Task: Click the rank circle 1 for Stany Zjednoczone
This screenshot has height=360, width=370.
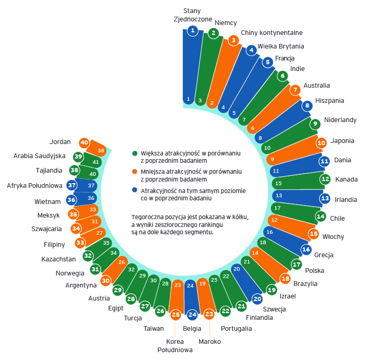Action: (x=193, y=31)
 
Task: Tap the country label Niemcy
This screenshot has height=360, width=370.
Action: (x=226, y=22)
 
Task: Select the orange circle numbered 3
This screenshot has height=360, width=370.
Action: (x=233, y=40)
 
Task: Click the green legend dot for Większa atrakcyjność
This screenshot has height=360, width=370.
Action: (x=135, y=153)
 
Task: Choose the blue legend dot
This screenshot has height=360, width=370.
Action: (x=135, y=190)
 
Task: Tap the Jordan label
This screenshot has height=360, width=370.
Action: (x=60, y=141)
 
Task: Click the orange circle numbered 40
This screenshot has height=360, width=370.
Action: (x=84, y=142)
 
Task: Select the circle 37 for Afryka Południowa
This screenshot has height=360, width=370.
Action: (x=72, y=185)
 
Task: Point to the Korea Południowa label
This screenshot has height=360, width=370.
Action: (x=175, y=345)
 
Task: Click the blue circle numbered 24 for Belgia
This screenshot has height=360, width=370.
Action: (x=192, y=315)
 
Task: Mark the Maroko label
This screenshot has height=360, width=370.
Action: (x=210, y=341)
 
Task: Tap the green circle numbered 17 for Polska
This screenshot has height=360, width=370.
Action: (x=296, y=265)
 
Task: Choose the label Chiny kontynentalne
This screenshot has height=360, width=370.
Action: (x=272, y=32)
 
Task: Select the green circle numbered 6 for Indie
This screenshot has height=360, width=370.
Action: (x=283, y=76)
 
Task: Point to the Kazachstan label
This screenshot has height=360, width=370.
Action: (x=58, y=259)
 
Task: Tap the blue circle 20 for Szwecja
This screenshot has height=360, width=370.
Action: (x=257, y=299)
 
